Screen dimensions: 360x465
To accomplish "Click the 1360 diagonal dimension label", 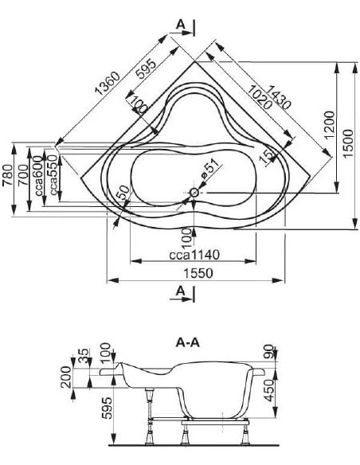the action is pos(108,83).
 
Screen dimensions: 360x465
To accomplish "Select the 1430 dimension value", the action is pos(278,97).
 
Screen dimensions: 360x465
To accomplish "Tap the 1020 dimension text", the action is pos(260,97).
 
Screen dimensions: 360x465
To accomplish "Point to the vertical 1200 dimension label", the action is pos(330,124).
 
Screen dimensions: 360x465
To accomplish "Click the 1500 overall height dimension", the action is pos(349,143).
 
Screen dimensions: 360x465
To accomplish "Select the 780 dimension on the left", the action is pos(8,175).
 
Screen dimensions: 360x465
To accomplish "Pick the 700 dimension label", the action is pos(23,175).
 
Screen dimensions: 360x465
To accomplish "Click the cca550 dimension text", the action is pos(53,175).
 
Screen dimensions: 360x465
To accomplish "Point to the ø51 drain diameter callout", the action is pos(210,169).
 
